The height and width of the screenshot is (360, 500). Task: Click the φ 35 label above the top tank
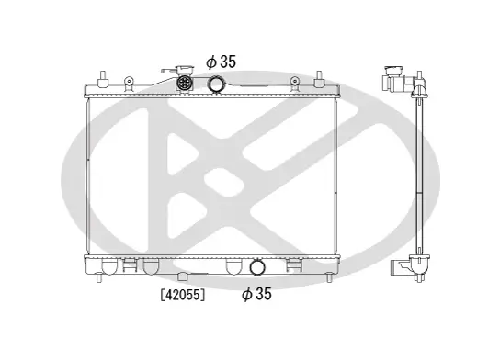pos(222,62)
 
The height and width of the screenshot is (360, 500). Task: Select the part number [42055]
pos(182,295)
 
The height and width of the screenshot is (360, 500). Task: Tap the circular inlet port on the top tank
pos(217,85)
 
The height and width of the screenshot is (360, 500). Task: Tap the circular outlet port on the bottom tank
pos(257,269)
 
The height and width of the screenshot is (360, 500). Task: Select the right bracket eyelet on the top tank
pos(294,83)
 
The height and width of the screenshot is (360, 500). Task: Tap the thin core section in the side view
pos(422,174)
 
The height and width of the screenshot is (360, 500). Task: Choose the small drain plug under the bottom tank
pos(183,276)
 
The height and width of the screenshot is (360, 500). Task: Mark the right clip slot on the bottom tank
pos(294,265)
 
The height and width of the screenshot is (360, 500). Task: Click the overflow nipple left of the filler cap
pos(168,72)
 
